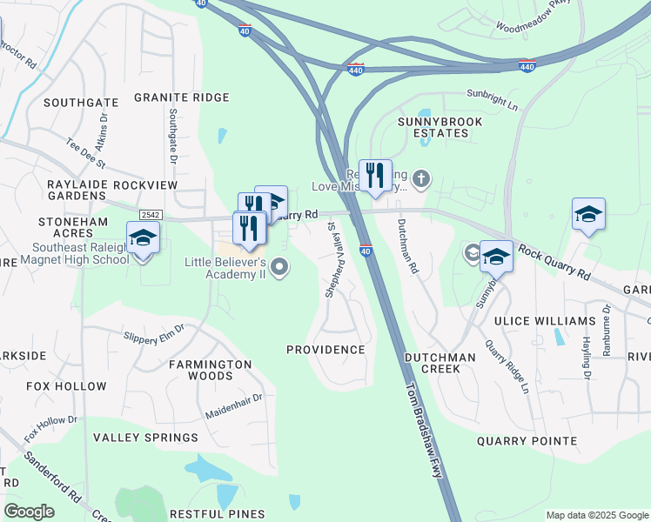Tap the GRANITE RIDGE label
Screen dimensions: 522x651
[x=181, y=97]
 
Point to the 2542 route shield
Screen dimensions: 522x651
[x=150, y=214]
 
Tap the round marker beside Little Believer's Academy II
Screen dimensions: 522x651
[x=279, y=268]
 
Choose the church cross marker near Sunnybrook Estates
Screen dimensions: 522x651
[x=420, y=180]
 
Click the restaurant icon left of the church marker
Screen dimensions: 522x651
[x=375, y=175]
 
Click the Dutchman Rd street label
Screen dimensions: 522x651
[x=407, y=246]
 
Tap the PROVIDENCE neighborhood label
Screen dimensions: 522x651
[x=325, y=350]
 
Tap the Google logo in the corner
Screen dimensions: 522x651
[x=29, y=512]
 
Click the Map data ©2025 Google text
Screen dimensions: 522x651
[x=596, y=515]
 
